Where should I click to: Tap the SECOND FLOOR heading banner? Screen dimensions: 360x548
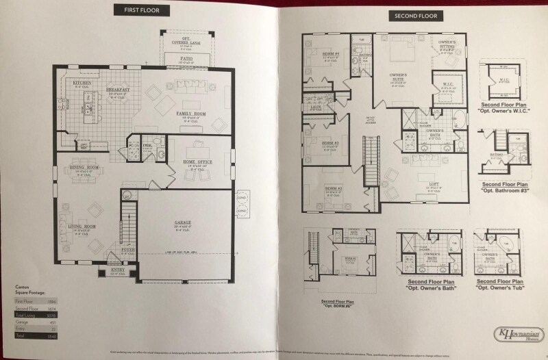click(x=416, y=15)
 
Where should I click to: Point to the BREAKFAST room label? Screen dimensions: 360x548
click(x=119, y=90)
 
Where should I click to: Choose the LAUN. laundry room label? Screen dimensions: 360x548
click(x=316, y=107)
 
